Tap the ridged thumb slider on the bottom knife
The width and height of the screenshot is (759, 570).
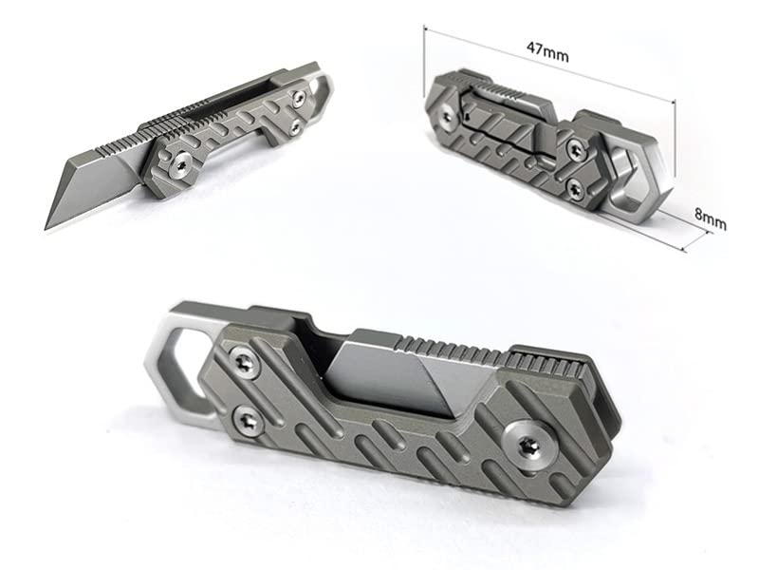pos(542,363)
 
